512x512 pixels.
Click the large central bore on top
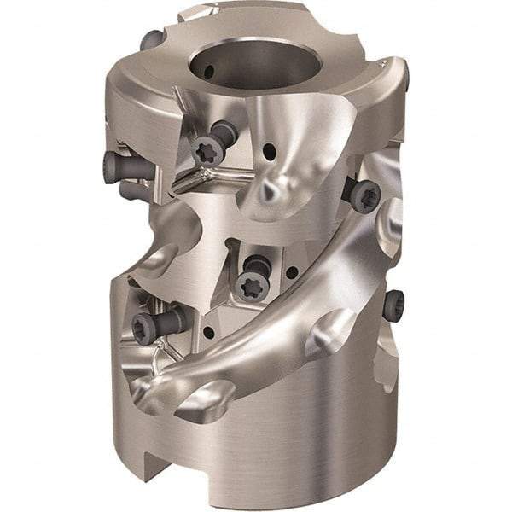click(x=256, y=65)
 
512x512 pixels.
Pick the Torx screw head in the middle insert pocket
click(x=251, y=286)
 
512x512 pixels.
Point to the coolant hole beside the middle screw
click(x=293, y=274)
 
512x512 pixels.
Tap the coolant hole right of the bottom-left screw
click(x=207, y=334)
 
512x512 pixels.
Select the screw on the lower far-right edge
click(x=393, y=305)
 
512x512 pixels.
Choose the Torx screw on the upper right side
click(x=364, y=195)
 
